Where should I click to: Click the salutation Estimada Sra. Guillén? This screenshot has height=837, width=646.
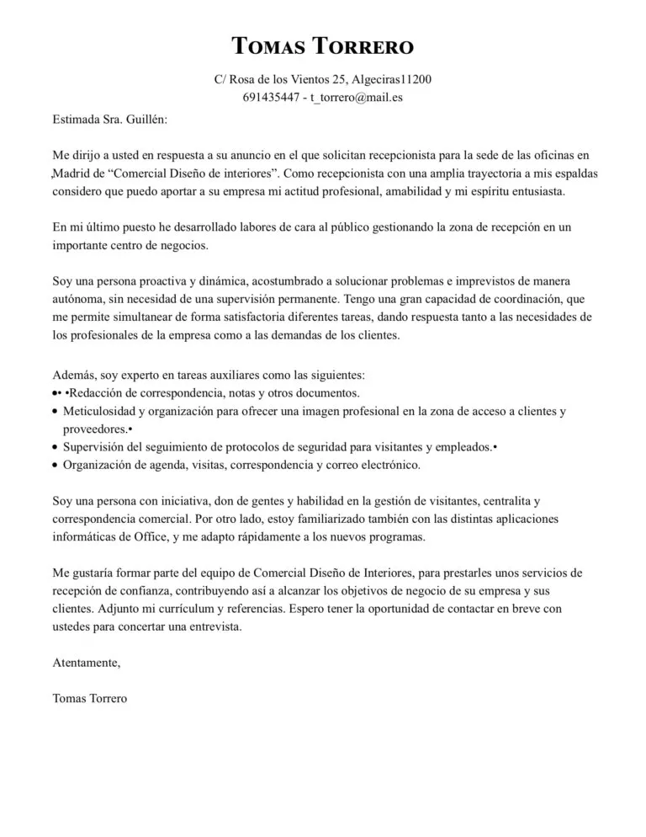[109, 120]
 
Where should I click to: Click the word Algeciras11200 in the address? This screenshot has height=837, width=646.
[391, 80]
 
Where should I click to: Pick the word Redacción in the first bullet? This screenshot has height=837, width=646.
[103, 392]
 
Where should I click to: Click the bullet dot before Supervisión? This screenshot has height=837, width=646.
[56, 447]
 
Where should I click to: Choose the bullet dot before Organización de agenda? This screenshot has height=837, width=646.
[56, 466]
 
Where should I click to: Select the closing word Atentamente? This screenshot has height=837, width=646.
[86, 663]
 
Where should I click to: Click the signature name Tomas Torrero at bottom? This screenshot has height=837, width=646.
[91, 698]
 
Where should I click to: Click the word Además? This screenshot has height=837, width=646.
[74, 375]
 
